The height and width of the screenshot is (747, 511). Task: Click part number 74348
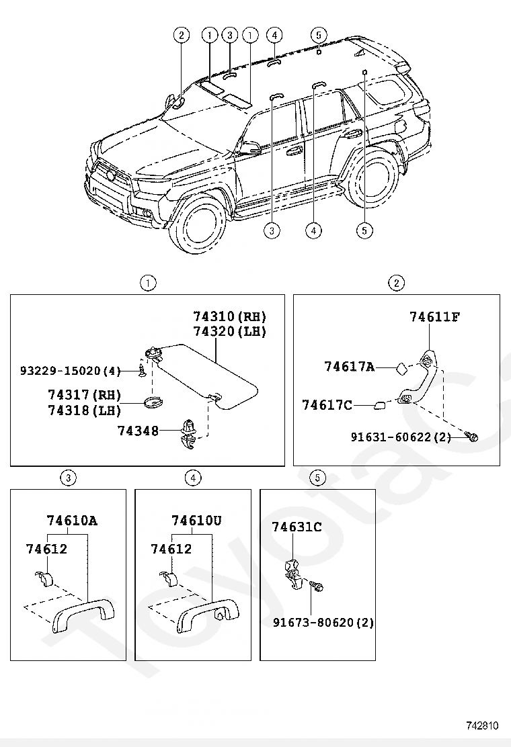pos(137,431)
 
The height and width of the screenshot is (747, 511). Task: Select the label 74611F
pos(435,317)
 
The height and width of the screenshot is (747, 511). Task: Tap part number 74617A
pos(349,367)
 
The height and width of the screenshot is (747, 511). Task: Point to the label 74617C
pos(327,405)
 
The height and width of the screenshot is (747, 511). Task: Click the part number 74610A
pos(72,521)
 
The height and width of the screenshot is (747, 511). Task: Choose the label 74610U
pos(196,521)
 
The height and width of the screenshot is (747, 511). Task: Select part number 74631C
pos(297,527)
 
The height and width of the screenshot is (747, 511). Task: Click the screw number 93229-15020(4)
pos(69,371)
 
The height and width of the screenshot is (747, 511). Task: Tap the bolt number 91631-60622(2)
pos(401,437)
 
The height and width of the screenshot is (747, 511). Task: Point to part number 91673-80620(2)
pos(323,622)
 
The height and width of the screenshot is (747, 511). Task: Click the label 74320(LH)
pos(230,331)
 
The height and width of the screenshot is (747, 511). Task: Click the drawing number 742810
pos(482,726)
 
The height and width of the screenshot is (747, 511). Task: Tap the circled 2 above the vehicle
pos(181,36)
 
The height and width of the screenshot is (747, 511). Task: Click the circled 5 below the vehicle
pos(364,230)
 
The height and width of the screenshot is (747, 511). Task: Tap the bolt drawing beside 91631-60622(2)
pos(472,438)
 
